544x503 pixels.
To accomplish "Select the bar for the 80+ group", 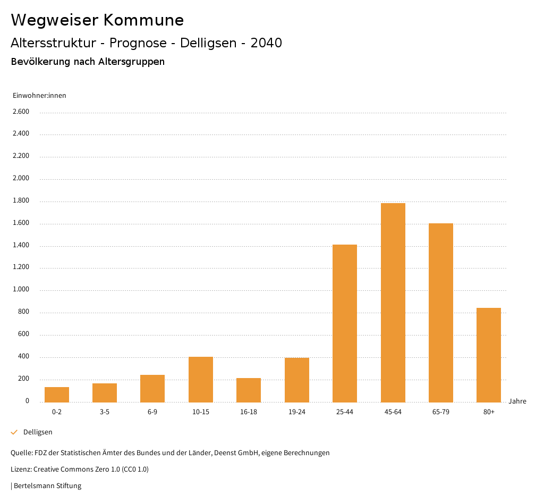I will (x=489, y=355).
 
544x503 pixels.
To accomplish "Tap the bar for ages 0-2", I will (x=57, y=395).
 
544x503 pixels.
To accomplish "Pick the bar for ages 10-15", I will (x=201, y=379).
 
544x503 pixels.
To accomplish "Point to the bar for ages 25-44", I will (x=345, y=323).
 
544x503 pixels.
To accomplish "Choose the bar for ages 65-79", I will (x=441, y=312).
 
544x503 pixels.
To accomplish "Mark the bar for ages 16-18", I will (x=249, y=390).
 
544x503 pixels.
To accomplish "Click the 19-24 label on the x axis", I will (x=296, y=412).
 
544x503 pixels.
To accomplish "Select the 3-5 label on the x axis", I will (x=105, y=412).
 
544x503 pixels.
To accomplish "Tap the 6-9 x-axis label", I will (x=152, y=412).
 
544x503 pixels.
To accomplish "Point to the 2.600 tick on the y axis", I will (x=21, y=112).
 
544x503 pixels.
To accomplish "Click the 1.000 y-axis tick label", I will (x=21, y=290).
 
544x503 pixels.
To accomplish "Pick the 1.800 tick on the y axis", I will (x=21, y=201).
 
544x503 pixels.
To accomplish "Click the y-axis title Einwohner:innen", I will (x=39, y=96).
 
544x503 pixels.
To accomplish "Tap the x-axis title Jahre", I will (x=517, y=401).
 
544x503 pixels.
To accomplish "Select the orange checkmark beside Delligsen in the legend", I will (x=14, y=432).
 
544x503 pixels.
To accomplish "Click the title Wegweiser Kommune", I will (x=97, y=20).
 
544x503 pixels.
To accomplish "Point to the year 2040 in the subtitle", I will (x=266, y=43).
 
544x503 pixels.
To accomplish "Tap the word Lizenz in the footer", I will (x=20, y=469).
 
